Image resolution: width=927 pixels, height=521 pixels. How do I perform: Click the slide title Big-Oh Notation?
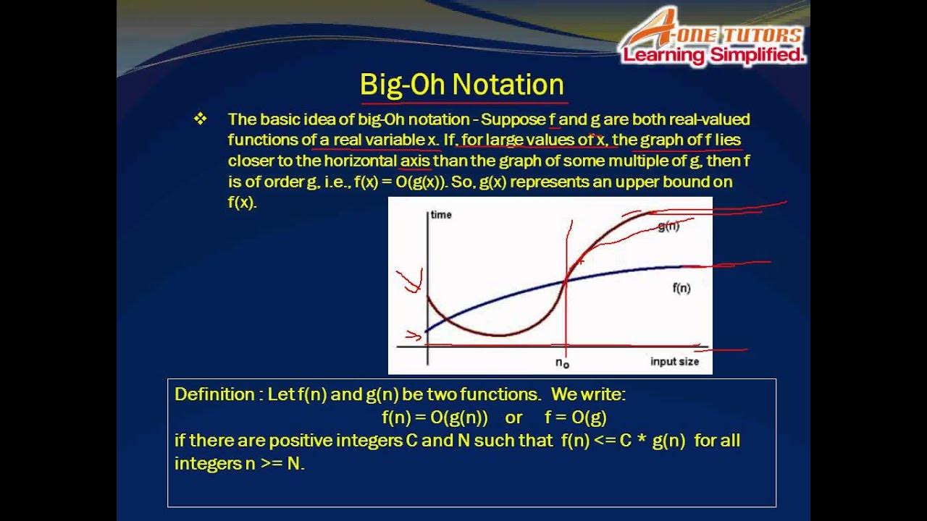point(462,85)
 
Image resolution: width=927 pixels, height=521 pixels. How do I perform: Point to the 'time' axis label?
point(441,215)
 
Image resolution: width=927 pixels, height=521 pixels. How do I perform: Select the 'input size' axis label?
point(674,362)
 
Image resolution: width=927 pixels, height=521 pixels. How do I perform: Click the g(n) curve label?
point(668,226)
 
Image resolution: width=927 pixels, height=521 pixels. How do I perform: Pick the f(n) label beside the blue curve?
point(681,288)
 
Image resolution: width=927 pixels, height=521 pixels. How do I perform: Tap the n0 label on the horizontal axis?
point(562,361)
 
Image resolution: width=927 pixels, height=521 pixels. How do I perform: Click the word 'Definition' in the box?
point(214,395)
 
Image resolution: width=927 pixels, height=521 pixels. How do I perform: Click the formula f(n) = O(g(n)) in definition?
point(435,418)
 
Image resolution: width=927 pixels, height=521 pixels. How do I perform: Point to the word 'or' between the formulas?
point(513,418)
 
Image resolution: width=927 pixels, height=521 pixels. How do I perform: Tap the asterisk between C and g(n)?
point(640,441)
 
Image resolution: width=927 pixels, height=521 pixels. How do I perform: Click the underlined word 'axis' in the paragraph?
point(415,161)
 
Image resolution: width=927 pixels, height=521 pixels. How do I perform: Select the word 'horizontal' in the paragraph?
point(360,161)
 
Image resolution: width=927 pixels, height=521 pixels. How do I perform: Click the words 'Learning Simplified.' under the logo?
point(714,56)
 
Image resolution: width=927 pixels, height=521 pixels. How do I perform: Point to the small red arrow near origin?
point(414,335)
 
